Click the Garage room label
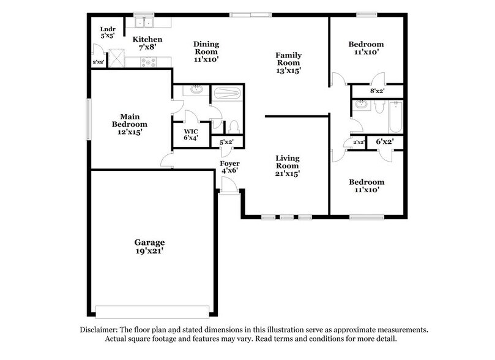tap(151, 242)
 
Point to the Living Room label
tap(287, 162)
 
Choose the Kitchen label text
tap(147, 40)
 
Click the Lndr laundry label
tap(107, 28)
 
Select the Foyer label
tap(230, 163)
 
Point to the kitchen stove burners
tap(149, 61)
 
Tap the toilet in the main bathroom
tap(234, 127)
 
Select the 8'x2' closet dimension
tap(376, 91)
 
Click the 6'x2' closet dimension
tap(384, 141)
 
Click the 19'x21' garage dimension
tap(151, 251)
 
